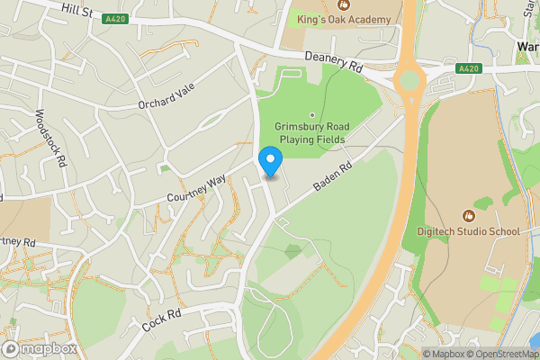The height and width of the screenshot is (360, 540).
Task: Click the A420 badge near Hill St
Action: [114, 19]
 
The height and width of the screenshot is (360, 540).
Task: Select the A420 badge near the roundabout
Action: [468, 67]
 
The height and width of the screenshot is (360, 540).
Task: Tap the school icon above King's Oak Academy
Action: [342, 4]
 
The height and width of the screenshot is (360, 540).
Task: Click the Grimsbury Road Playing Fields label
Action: [313, 134]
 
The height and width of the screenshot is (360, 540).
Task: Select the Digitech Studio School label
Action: [468, 231]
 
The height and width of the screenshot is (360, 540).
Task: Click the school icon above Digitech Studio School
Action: [468, 216]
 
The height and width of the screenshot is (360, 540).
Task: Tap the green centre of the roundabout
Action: [409, 81]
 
